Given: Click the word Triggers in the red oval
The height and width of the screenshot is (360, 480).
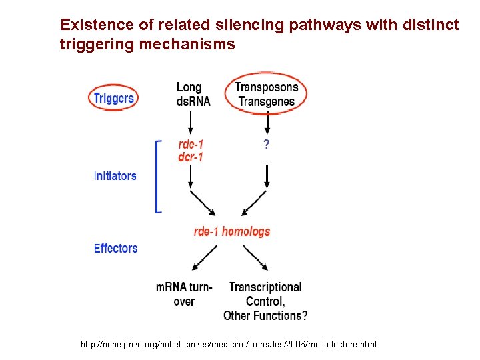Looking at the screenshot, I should [x=113, y=99].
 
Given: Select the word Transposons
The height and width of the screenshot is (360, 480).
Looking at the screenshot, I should [x=267, y=87].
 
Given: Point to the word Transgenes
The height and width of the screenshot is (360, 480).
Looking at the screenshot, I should [x=267, y=102].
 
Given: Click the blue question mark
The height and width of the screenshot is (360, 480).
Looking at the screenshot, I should [x=267, y=145].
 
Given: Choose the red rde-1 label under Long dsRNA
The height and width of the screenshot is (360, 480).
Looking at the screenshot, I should [x=191, y=145].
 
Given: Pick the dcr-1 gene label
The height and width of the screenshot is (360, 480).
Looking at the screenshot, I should [x=191, y=157].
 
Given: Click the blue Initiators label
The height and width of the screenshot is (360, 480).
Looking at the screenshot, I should [x=115, y=176].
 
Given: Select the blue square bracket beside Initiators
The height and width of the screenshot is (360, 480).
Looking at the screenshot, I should [x=157, y=177].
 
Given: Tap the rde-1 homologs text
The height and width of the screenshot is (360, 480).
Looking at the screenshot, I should [x=232, y=231].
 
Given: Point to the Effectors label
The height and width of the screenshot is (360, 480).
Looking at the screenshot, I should [x=116, y=248].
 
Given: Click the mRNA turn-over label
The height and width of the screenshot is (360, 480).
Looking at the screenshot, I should [x=184, y=294].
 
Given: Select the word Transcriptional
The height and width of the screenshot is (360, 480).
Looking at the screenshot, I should [x=265, y=287].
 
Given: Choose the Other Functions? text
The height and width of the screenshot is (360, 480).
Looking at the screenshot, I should [x=265, y=315].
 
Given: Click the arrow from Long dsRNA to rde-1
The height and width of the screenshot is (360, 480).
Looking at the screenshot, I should [x=191, y=122].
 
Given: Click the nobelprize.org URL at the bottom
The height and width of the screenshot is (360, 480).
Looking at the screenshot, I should [x=229, y=344].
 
